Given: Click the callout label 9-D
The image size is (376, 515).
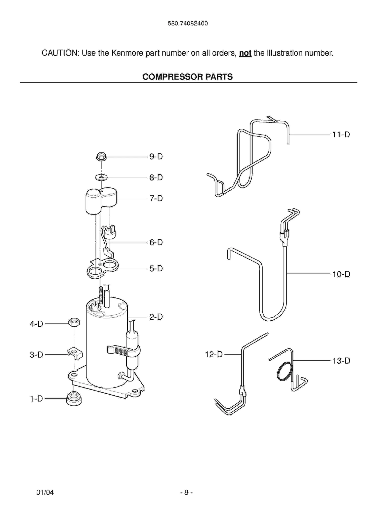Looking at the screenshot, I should click(x=156, y=157).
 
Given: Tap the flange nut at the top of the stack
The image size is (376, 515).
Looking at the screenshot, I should click(x=101, y=157).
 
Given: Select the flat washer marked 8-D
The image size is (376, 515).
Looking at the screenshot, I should click(x=101, y=178).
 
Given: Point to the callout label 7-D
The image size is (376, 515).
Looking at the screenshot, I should click(x=156, y=198).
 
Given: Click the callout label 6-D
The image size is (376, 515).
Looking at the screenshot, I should click(x=156, y=242).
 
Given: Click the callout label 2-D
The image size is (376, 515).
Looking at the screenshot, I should click(x=156, y=317).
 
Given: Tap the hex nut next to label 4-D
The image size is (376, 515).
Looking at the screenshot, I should click(x=74, y=322).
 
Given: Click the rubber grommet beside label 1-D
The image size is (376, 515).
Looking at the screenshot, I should click(x=74, y=398).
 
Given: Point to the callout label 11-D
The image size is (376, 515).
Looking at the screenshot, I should click(x=341, y=135).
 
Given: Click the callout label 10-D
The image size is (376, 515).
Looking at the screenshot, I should click(x=341, y=274).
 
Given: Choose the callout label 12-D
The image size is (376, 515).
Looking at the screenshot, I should click(x=214, y=355).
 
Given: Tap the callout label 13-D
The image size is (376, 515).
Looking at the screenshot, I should click(x=341, y=361).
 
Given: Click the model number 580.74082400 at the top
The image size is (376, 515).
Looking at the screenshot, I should click(x=188, y=24).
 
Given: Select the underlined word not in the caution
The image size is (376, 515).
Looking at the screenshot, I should click(x=245, y=53).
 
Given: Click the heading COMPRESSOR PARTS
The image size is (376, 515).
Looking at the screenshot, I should click(x=188, y=77).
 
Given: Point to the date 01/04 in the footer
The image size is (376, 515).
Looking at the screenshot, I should click(x=45, y=492).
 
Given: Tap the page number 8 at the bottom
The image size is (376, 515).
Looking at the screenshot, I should click(x=186, y=492).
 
